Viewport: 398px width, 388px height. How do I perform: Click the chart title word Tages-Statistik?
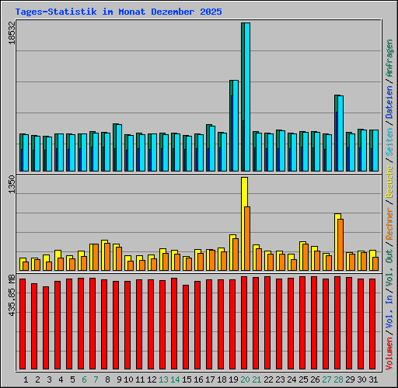[48, 12]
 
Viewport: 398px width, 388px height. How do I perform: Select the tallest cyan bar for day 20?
[246, 97]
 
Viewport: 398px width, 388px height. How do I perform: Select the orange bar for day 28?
[340, 244]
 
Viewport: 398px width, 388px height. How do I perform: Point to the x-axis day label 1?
[26, 379]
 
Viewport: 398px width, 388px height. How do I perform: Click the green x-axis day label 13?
[164, 379]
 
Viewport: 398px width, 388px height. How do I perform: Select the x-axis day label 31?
[374, 379]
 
